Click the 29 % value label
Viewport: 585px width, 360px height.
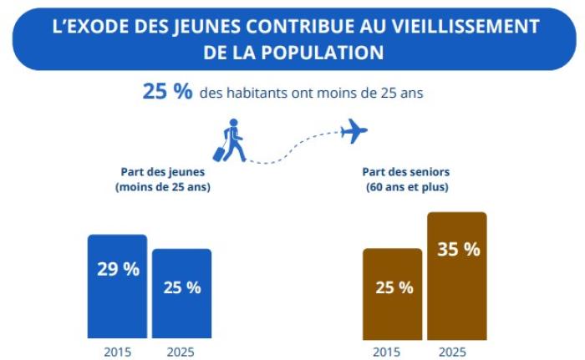point(117,269)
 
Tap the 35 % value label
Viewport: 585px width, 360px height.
point(458,249)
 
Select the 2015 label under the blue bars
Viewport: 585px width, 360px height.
point(117,351)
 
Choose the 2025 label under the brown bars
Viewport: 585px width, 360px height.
point(456,351)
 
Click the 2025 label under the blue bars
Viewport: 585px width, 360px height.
point(181,351)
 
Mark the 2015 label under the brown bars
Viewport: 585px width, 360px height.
point(392,351)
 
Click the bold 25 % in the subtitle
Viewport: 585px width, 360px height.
point(167,92)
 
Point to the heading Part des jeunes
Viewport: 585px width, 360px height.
point(162,172)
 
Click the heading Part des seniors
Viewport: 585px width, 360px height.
point(406,172)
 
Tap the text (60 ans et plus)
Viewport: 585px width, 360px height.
point(407,187)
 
